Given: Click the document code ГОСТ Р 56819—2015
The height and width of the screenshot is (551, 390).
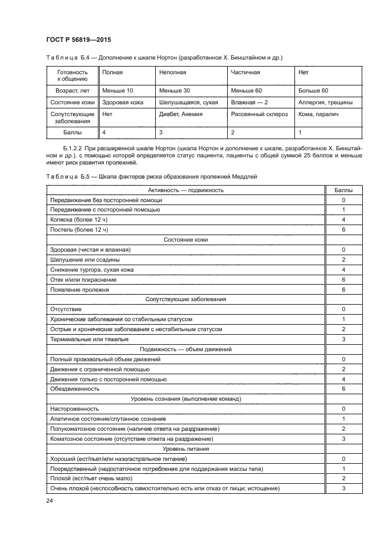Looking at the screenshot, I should pyautogui.click(x=78, y=39).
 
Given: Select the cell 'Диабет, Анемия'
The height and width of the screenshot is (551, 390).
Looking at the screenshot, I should pyautogui.click(x=181, y=114).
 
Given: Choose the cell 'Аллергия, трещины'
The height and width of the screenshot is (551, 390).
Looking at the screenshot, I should pyautogui.click(x=326, y=102).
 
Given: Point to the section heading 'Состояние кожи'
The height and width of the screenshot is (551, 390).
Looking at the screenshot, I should pyautogui.click(x=185, y=240).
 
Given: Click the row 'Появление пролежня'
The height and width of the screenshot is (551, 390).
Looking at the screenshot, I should pyautogui.click(x=80, y=289).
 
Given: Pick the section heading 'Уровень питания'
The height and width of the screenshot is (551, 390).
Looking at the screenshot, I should pyautogui.click(x=185, y=448).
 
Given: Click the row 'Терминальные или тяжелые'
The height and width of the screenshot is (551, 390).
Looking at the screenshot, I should pyautogui.click(x=90, y=339).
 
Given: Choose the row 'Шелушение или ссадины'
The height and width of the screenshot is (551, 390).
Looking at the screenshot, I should pyautogui.click(x=86, y=259).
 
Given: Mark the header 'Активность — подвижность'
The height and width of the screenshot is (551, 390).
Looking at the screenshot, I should pyautogui.click(x=185, y=190).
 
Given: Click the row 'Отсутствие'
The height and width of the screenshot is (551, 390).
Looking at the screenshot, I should pyautogui.click(x=66, y=309).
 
